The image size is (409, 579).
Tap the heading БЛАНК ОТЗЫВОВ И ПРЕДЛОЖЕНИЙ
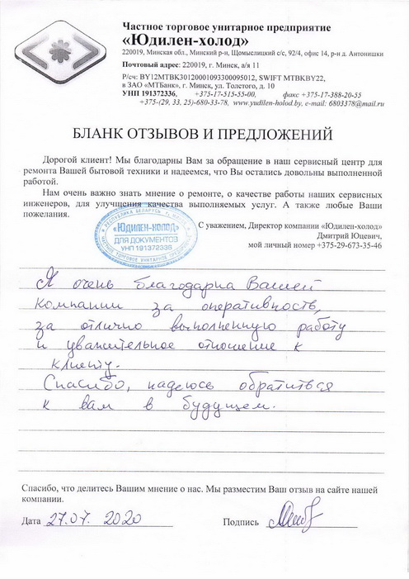pos(204,132)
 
